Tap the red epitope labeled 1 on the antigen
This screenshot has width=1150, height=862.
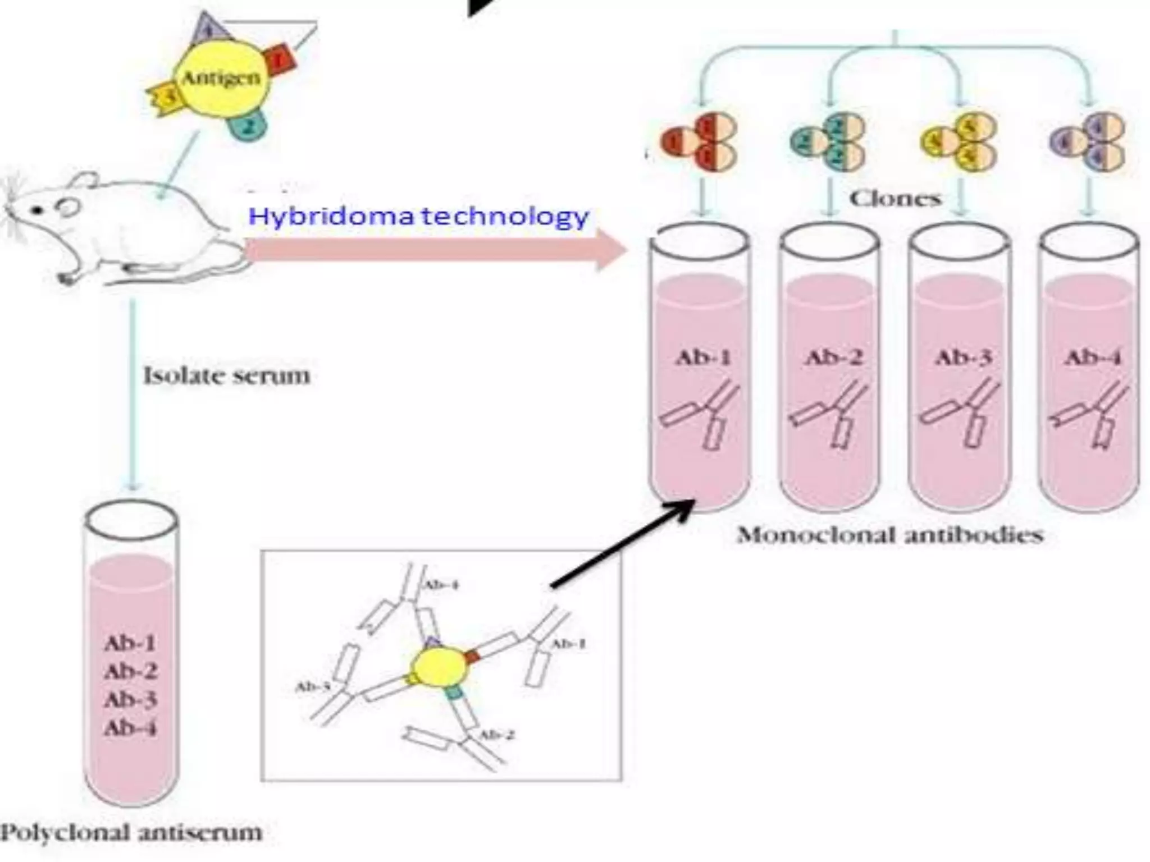280,59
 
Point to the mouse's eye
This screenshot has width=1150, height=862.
37,210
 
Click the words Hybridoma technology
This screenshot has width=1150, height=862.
418,216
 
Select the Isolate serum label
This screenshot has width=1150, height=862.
226,375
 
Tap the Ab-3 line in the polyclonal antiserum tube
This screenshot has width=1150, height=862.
130,700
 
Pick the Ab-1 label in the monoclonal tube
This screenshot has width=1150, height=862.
702,357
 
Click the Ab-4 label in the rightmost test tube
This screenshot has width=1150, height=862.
1092,357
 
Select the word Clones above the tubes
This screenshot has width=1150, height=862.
895,198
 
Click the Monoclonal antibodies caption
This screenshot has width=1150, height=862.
890,535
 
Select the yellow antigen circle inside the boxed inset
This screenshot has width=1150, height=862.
439,668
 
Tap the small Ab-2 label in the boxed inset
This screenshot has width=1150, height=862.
496,735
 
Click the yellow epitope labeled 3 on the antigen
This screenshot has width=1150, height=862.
164,98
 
